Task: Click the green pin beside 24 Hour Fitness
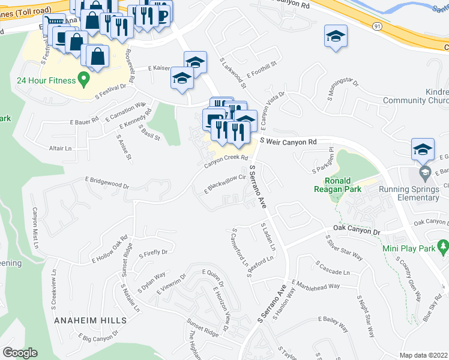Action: [x=84, y=79]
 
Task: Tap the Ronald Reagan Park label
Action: [x=343, y=185]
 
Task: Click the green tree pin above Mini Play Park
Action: [x=444, y=246]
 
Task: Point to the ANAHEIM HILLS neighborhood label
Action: [x=90, y=320]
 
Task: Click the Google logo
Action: [x=20, y=353]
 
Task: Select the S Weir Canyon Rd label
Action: [x=288, y=142]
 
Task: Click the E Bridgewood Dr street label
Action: [x=107, y=182]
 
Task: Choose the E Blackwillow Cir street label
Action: [x=225, y=184]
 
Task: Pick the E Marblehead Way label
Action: [x=316, y=284]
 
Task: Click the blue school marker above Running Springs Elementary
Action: [x=423, y=149]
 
